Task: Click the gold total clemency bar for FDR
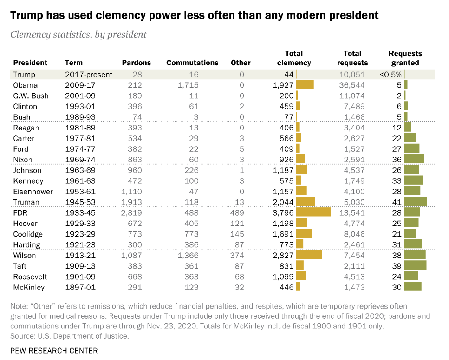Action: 313,212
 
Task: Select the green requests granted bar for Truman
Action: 416,202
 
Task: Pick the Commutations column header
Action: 192,63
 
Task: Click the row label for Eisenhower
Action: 33,192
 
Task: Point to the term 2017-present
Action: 89,75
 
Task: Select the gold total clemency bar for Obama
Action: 305,85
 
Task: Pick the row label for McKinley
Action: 29,287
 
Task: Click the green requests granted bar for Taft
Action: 415,266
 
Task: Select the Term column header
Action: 73,63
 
